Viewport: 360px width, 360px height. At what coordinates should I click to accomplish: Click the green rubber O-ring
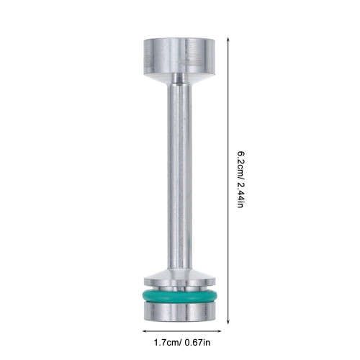179,296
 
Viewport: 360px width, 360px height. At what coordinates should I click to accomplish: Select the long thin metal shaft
179,176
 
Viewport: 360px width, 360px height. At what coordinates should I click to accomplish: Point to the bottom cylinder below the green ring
179,312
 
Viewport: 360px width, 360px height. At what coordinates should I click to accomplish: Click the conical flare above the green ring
179,274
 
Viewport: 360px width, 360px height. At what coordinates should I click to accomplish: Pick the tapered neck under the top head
179,78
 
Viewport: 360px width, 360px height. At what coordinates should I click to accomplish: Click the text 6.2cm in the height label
240,164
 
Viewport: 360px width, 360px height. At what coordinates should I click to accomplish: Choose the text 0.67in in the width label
197,343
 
